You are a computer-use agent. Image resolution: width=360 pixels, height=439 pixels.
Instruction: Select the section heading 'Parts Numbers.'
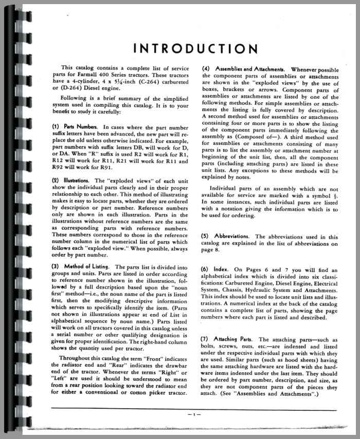[80, 126]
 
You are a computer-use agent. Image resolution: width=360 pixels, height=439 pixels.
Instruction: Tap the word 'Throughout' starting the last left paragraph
[77, 358]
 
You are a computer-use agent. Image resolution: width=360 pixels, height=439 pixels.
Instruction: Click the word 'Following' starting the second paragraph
[77, 102]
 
